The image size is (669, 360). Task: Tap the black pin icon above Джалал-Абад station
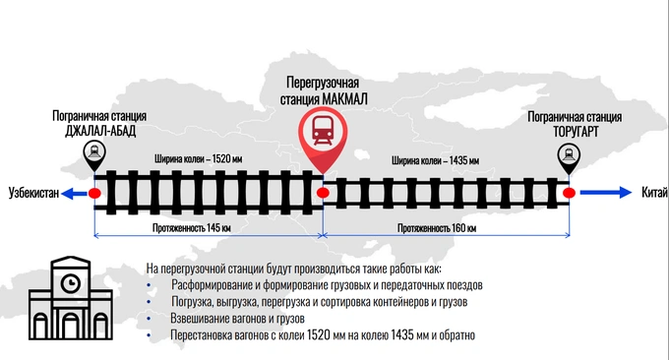94,153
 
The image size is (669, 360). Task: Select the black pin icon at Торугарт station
569,156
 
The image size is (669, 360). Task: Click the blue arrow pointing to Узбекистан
74,194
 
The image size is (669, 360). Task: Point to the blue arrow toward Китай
606,193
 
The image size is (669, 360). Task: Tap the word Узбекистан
33,193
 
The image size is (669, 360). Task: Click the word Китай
654,193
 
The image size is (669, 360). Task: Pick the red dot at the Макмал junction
323,193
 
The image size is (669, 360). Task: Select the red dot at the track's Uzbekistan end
94,193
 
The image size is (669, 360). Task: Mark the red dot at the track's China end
569,193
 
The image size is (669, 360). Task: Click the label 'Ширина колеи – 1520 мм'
199,159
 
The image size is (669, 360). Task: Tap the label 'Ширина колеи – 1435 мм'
435,160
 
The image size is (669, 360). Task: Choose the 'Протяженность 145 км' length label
192,228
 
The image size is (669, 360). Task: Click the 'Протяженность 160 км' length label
437,228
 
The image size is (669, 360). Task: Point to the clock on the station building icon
71,283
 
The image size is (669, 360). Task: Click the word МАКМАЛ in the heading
344,99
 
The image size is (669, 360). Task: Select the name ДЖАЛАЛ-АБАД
100,131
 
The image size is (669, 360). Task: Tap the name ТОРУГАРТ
576,132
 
